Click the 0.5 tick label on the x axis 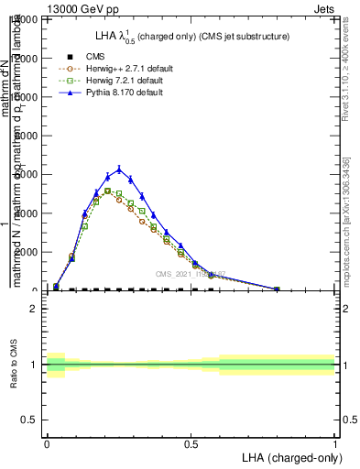coord(191,444)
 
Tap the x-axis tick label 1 coord(334,444)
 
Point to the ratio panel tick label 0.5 coord(28,420)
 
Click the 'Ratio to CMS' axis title coord(12,365)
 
